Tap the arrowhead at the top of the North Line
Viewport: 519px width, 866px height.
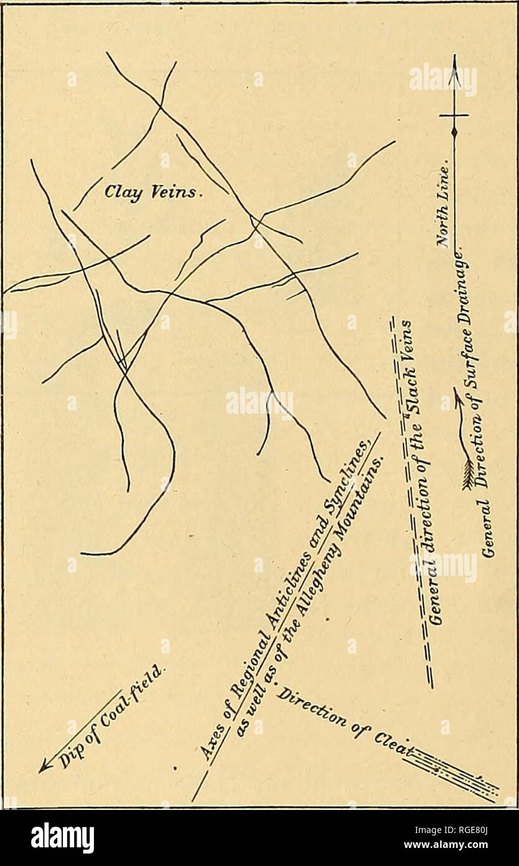click(x=454, y=62)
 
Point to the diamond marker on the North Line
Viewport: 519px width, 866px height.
click(x=454, y=131)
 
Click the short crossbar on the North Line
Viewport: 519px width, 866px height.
click(x=454, y=115)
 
